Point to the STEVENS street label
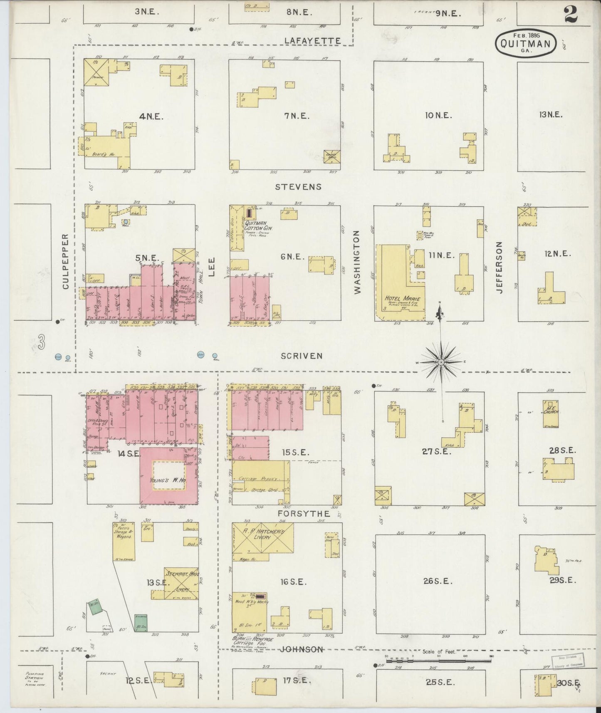pyautogui.click(x=299, y=187)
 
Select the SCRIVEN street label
pyautogui.click(x=302, y=356)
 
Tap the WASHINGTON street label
pyautogui.click(x=357, y=263)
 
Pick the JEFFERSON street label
pyautogui.click(x=500, y=267)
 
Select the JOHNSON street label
pyautogui.click(x=301, y=649)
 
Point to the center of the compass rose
pyautogui.click(x=441, y=363)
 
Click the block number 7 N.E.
pyautogui.click(x=297, y=116)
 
